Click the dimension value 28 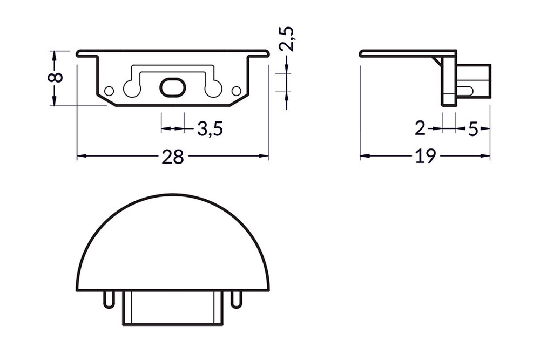[x=173, y=157]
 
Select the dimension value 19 [x=426, y=157]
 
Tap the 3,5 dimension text [x=210, y=129]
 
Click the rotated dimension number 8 [x=55, y=77]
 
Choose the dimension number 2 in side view [x=420, y=129]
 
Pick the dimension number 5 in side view [x=473, y=129]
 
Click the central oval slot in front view [x=172, y=87]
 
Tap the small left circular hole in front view [x=109, y=90]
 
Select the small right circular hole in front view [x=236, y=90]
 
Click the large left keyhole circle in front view [x=131, y=89]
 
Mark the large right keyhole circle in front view [x=214, y=89]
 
